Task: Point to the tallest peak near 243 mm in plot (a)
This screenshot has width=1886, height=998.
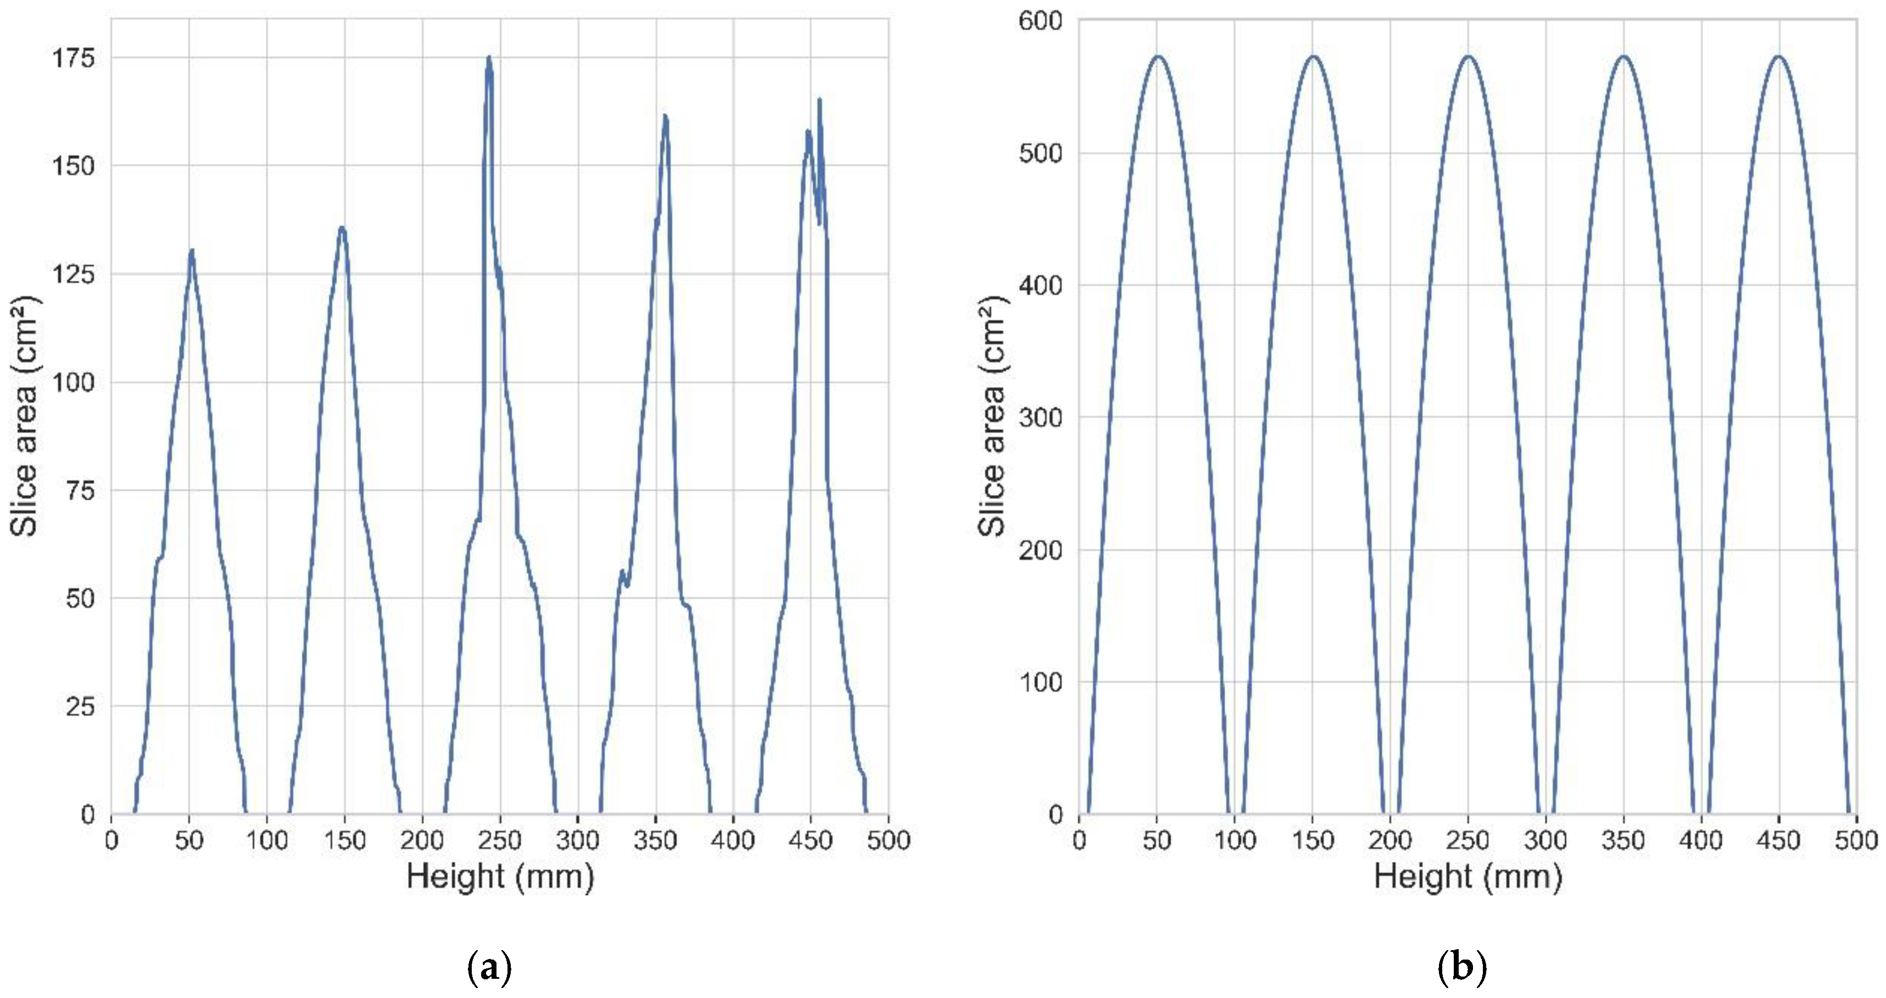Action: [488, 58]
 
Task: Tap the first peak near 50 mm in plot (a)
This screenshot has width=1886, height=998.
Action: [192, 251]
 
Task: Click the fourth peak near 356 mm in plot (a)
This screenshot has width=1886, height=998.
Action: [665, 116]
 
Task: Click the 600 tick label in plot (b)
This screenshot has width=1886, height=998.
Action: [1040, 20]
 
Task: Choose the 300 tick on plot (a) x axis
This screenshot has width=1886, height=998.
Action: [578, 840]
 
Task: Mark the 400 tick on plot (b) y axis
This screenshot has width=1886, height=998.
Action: [1040, 286]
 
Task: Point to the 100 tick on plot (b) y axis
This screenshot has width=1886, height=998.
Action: [1040, 682]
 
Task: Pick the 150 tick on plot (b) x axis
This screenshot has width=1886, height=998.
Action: [1313, 840]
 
